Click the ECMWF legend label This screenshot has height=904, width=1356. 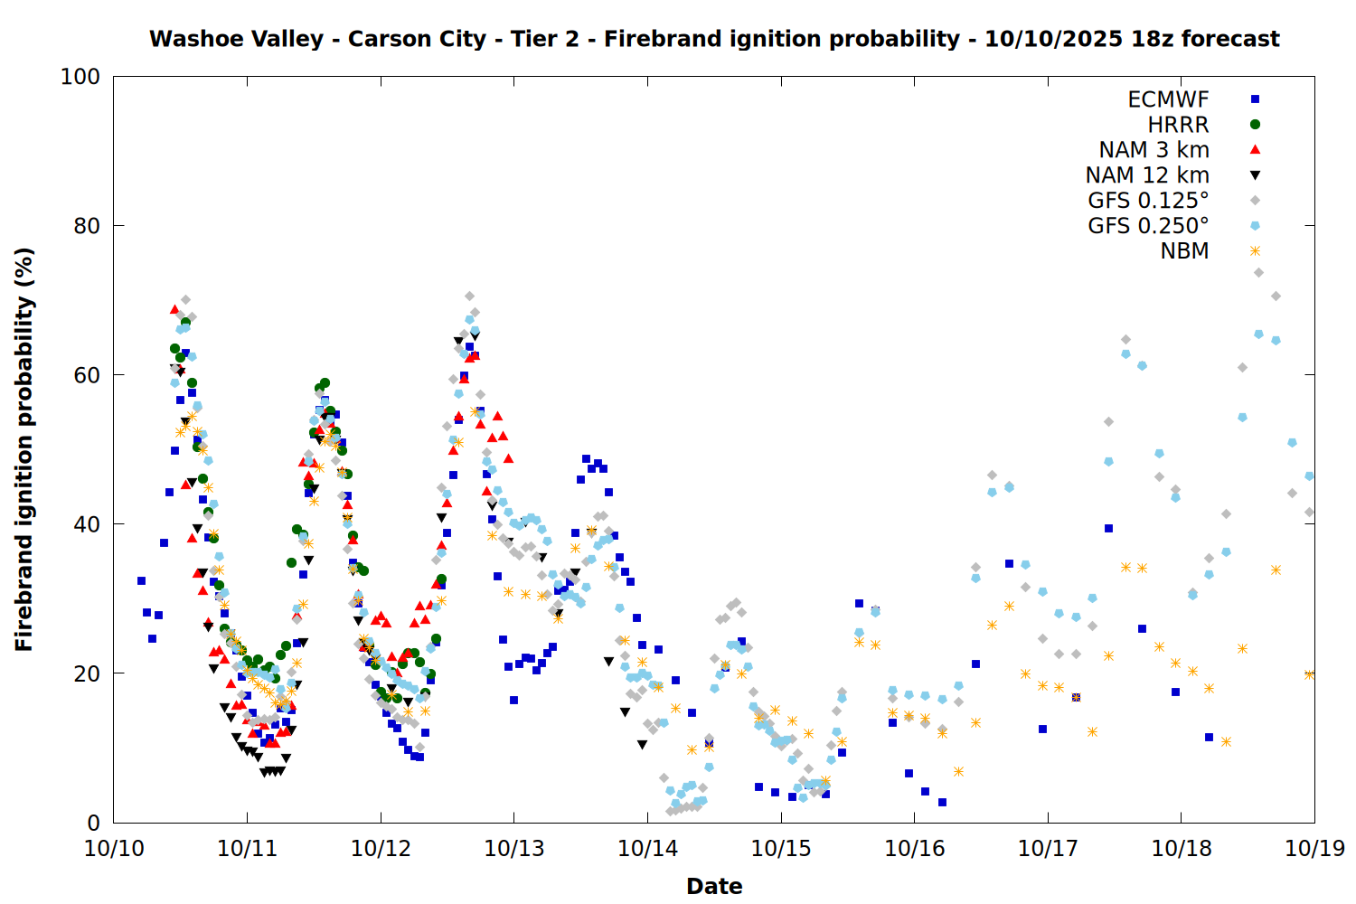click(x=1168, y=99)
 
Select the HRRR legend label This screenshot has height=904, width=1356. click(x=1178, y=125)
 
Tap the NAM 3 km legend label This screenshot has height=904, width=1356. click(x=1154, y=150)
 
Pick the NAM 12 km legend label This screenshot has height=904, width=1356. click(x=1147, y=175)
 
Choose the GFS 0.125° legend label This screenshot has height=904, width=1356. click(x=1148, y=201)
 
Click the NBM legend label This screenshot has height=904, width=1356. click(x=1184, y=251)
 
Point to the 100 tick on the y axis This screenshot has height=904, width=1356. click(x=80, y=77)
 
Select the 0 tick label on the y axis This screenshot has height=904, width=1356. click(x=93, y=823)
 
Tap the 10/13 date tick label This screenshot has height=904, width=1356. click(x=513, y=849)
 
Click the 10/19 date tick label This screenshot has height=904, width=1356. click(x=1314, y=849)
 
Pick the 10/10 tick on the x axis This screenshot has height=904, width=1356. click(x=114, y=849)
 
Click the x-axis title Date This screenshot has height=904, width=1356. click(x=714, y=886)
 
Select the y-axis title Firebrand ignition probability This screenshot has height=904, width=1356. click(x=24, y=449)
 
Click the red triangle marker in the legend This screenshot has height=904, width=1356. click(x=1255, y=150)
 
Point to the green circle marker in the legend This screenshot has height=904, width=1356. click(x=1255, y=125)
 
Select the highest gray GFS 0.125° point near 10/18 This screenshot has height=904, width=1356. click(x=1258, y=272)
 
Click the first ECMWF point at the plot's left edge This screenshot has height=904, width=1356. click(x=141, y=580)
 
